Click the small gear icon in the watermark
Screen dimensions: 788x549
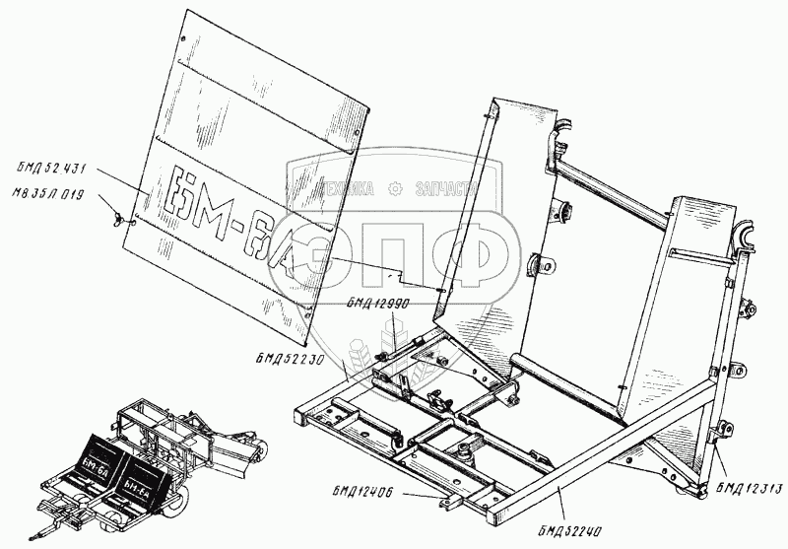point(396,188)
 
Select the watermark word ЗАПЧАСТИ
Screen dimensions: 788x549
point(448,188)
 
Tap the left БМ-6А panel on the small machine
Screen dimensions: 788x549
point(95,460)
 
